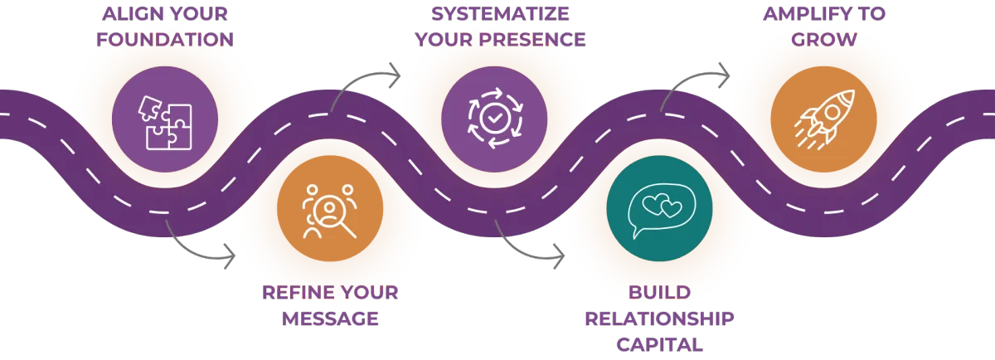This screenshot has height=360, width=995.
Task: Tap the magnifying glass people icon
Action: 329,211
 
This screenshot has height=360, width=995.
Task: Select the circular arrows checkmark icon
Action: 494,120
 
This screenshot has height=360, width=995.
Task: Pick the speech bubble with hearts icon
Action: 658,211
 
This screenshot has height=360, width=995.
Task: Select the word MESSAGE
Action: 329,319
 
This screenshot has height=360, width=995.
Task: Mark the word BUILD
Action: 659,292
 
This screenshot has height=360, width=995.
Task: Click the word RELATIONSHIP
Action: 659,319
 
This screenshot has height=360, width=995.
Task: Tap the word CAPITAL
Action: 659,344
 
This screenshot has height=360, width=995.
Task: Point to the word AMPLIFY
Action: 801,14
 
